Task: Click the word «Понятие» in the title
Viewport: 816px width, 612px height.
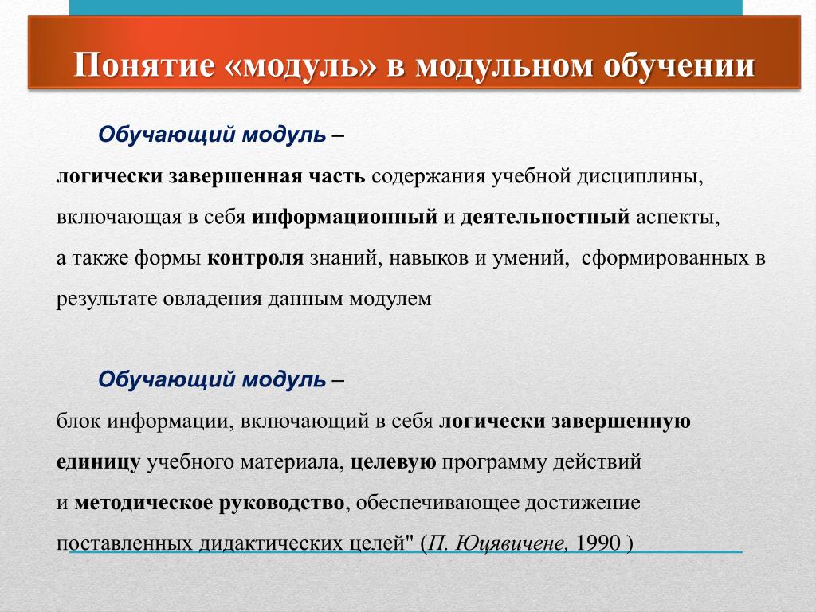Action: coord(144,65)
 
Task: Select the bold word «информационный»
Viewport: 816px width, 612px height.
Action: coord(344,217)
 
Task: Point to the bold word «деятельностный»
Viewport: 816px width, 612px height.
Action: coord(545,217)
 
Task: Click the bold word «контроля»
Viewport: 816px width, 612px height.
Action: coord(255,257)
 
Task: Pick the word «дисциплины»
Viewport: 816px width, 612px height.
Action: coord(640,177)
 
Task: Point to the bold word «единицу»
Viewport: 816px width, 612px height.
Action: coord(98,461)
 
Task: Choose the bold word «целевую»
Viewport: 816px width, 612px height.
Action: coord(394,461)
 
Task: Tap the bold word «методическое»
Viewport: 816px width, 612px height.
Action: coord(143,503)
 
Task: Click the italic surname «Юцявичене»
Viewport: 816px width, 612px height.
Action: coord(512,543)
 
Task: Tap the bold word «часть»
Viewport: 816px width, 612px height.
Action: coord(335,176)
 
